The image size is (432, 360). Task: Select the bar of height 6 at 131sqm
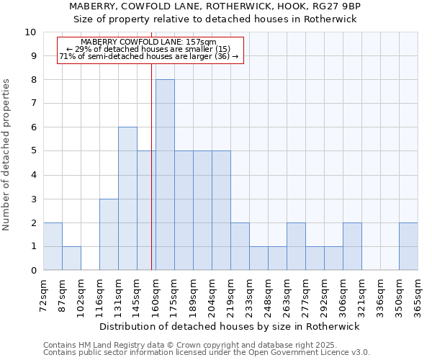(x=127, y=199)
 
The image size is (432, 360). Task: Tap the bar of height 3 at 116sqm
(x=109, y=235)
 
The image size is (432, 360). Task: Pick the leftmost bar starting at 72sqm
(x=53, y=246)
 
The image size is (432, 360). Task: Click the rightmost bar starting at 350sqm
(x=408, y=246)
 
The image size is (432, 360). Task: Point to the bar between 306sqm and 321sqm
(x=352, y=246)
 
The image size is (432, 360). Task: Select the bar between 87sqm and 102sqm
(x=71, y=258)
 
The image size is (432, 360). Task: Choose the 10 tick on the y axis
(x=31, y=32)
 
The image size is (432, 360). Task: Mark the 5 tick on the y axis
(x=33, y=151)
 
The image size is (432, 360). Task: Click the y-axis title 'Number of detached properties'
(x=6, y=155)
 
